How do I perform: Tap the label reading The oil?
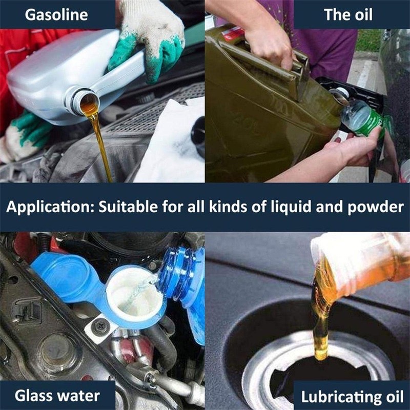click(348, 14)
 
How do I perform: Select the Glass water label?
click(57, 396)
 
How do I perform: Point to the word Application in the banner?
click(42, 208)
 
